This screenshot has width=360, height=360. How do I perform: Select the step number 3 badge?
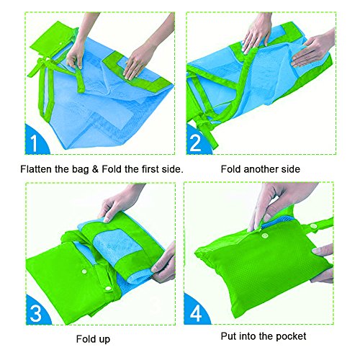(x=37, y=311)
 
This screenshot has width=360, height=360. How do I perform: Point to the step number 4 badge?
(x=196, y=311)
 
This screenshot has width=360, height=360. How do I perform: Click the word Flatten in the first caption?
(x=36, y=169)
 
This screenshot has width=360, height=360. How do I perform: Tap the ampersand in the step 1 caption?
(x=95, y=169)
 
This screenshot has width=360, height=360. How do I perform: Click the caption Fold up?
(x=93, y=339)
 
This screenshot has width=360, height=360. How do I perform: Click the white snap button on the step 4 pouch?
(x=265, y=236)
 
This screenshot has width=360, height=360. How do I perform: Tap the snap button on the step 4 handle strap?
(x=313, y=226)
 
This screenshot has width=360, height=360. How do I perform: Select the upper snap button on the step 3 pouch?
(x=84, y=271)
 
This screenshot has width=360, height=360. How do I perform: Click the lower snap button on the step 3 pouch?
(x=108, y=289)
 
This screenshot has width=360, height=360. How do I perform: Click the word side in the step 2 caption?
(x=291, y=169)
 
